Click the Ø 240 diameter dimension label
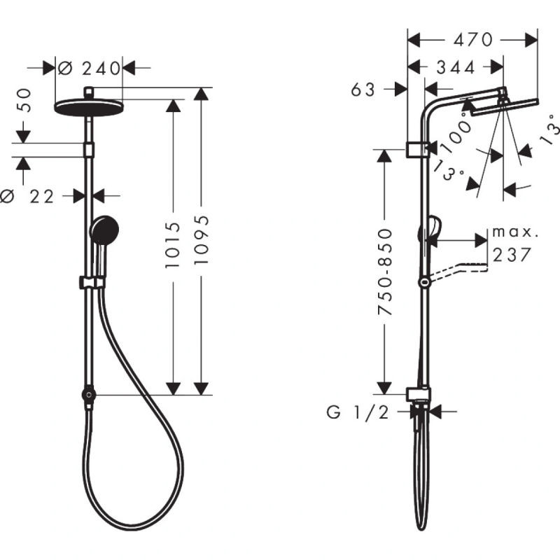(90, 68)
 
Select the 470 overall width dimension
(473, 40)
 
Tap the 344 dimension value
(456, 67)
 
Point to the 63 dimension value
(363, 90)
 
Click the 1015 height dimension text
(173, 244)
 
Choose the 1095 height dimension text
(201, 240)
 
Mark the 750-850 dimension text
(384, 272)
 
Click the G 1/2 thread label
(358, 413)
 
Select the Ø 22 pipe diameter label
(27, 197)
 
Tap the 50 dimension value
(24, 101)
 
